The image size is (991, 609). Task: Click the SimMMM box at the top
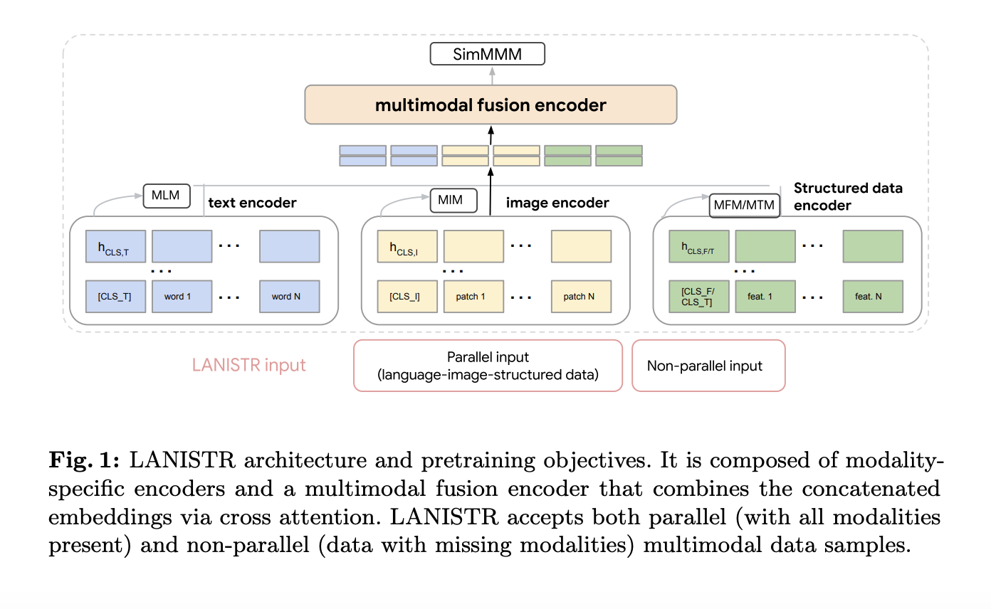coord(487,54)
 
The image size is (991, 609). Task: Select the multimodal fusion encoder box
coord(491,105)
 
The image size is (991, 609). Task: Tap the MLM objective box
coord(167,196)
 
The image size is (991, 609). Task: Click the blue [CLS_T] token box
coord(115,297)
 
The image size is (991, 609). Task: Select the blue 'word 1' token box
coord(182,297)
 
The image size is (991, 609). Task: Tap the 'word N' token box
coord(289,297)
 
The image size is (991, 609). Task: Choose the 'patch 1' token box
coord(473,297)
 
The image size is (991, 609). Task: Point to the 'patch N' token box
coord(581,297)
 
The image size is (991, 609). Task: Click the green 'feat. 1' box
coord(765,297)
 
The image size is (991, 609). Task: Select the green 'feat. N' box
coord(873,297)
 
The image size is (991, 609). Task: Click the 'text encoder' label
coord(252,203)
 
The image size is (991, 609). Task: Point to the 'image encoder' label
coord(557,203)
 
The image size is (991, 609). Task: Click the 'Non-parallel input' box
coord(708,366)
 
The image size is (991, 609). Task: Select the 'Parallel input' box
coord(488,366)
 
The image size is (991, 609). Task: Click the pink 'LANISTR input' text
coord(249,366)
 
